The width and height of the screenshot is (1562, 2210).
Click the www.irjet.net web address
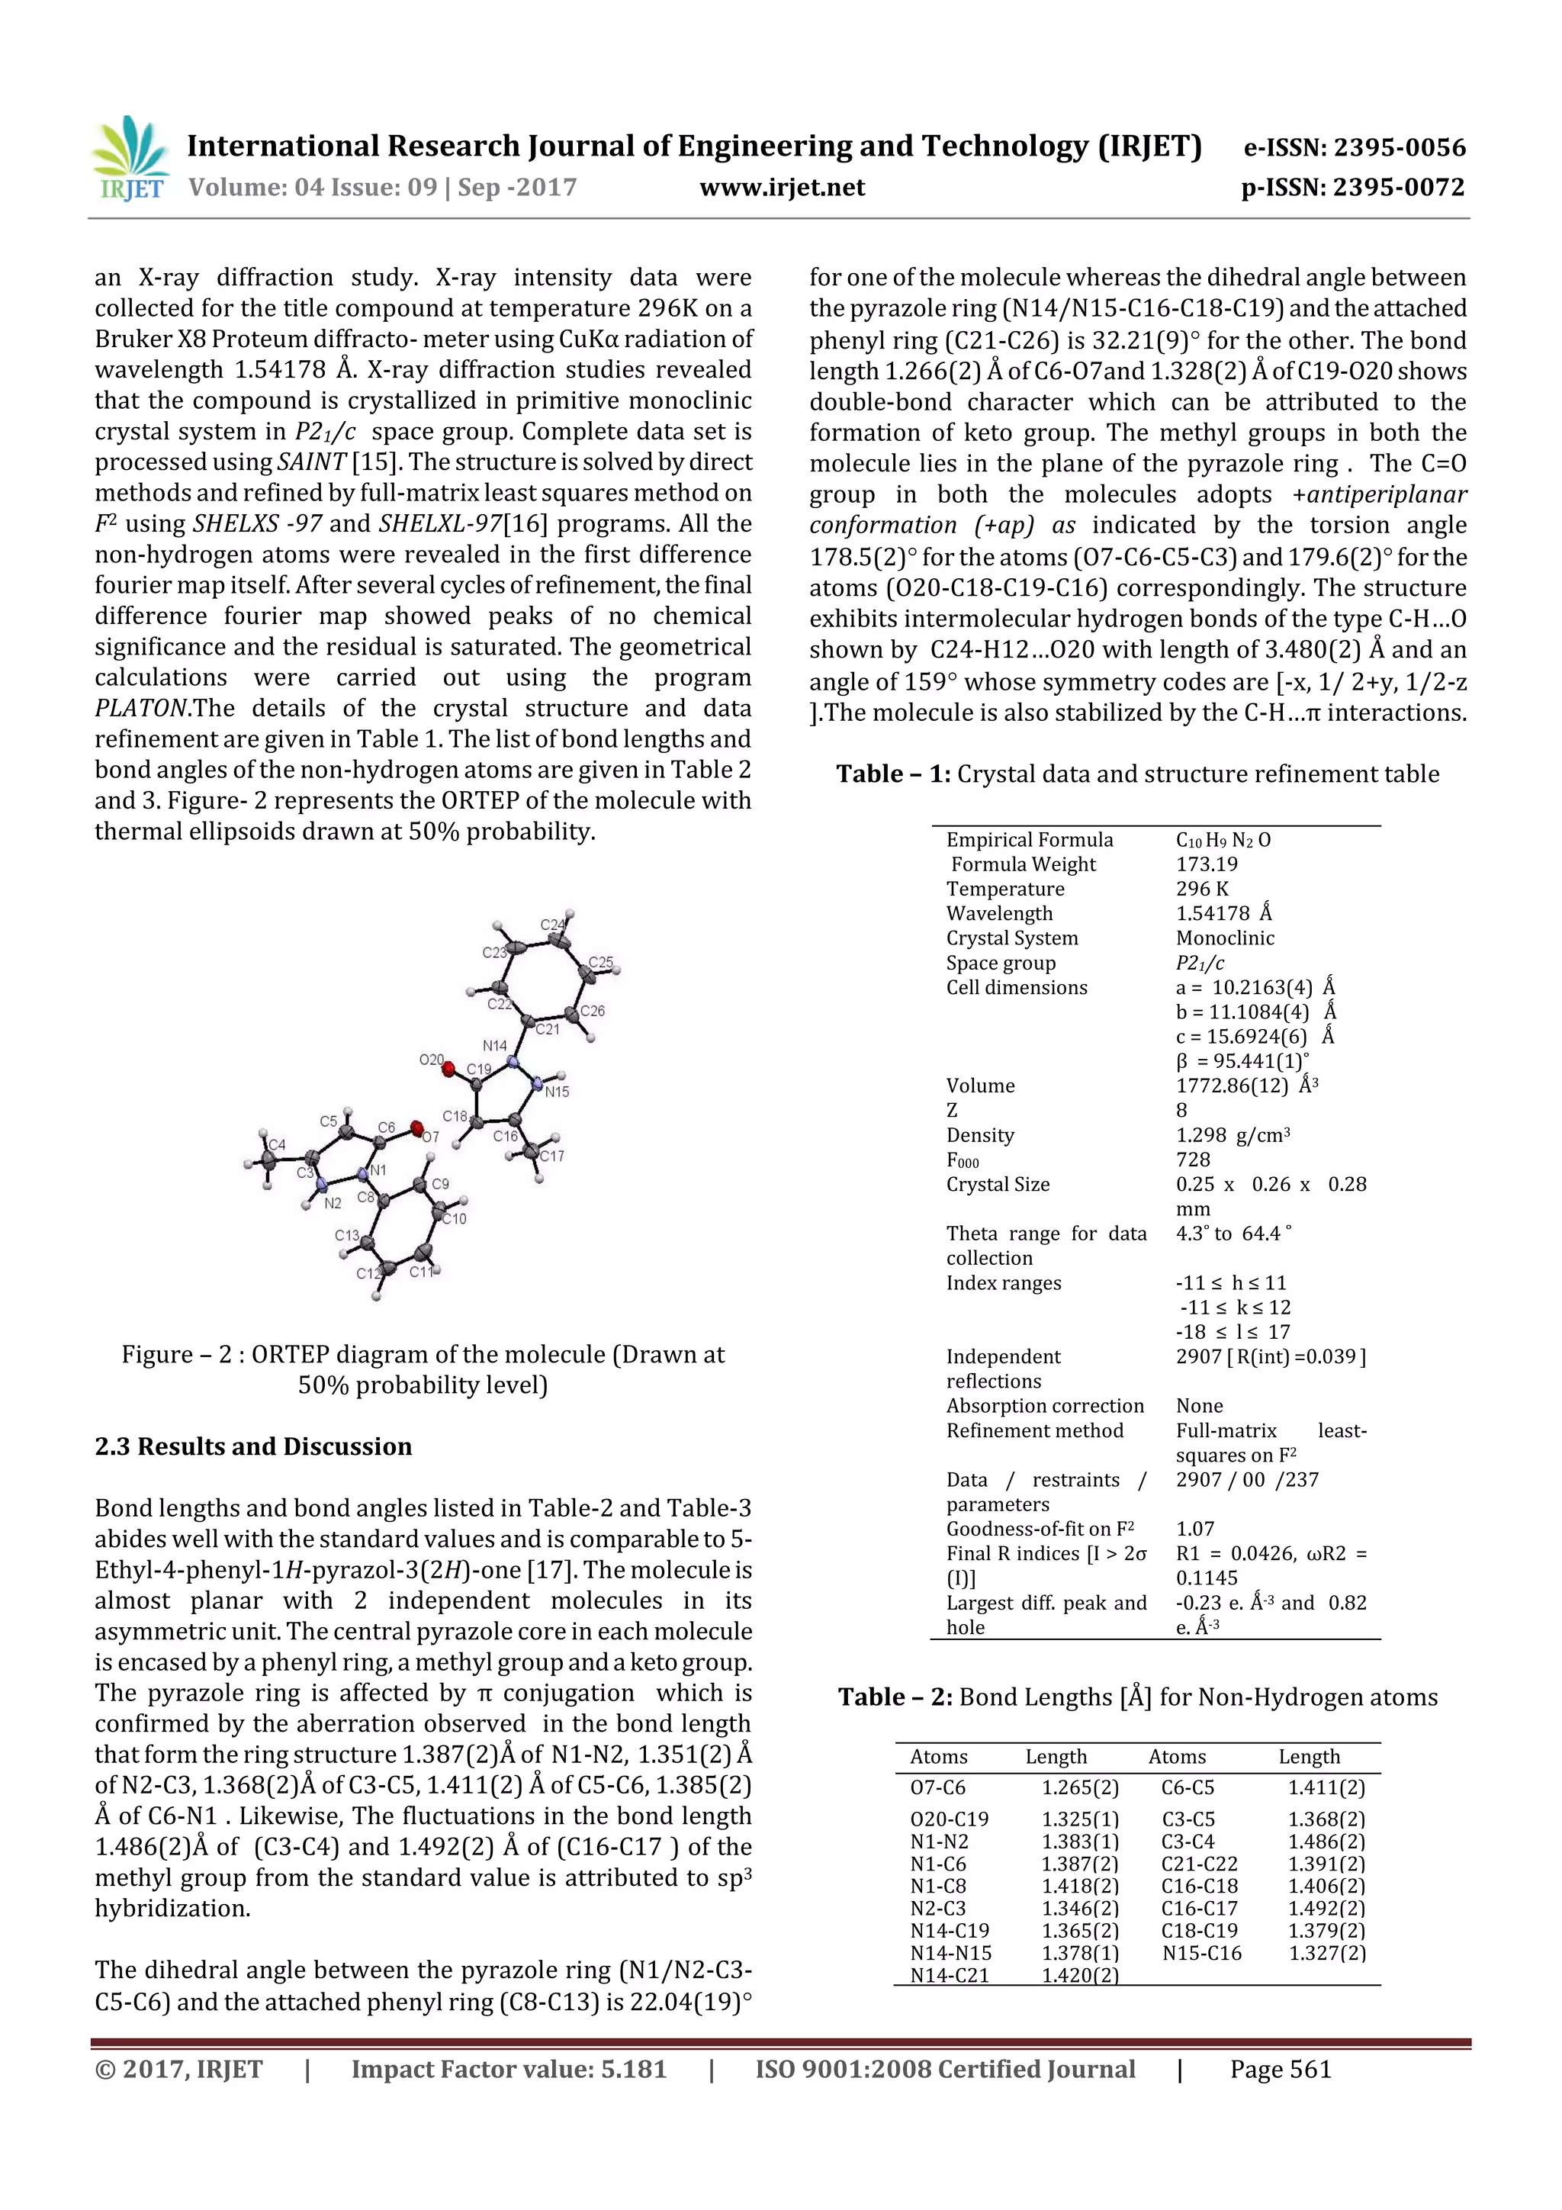782,188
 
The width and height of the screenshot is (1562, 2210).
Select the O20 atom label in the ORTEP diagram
431,1060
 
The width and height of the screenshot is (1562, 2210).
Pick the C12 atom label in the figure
368,1273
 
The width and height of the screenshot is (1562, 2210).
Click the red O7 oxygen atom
416,1128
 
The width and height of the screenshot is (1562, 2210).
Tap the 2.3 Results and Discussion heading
253,1446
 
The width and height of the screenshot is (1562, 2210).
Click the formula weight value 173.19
1206,864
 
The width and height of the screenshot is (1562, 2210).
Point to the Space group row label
1000,963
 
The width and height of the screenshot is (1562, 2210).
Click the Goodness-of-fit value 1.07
1195,1529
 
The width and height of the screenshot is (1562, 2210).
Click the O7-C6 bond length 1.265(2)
1080,1787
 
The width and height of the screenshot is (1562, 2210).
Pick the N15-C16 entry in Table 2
1201,1953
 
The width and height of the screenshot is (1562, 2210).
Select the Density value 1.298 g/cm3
1232,1135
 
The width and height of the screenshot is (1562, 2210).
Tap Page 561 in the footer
1280,2070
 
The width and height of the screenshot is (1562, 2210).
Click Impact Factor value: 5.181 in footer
508,2070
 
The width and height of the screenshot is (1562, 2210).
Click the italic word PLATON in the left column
141,709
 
